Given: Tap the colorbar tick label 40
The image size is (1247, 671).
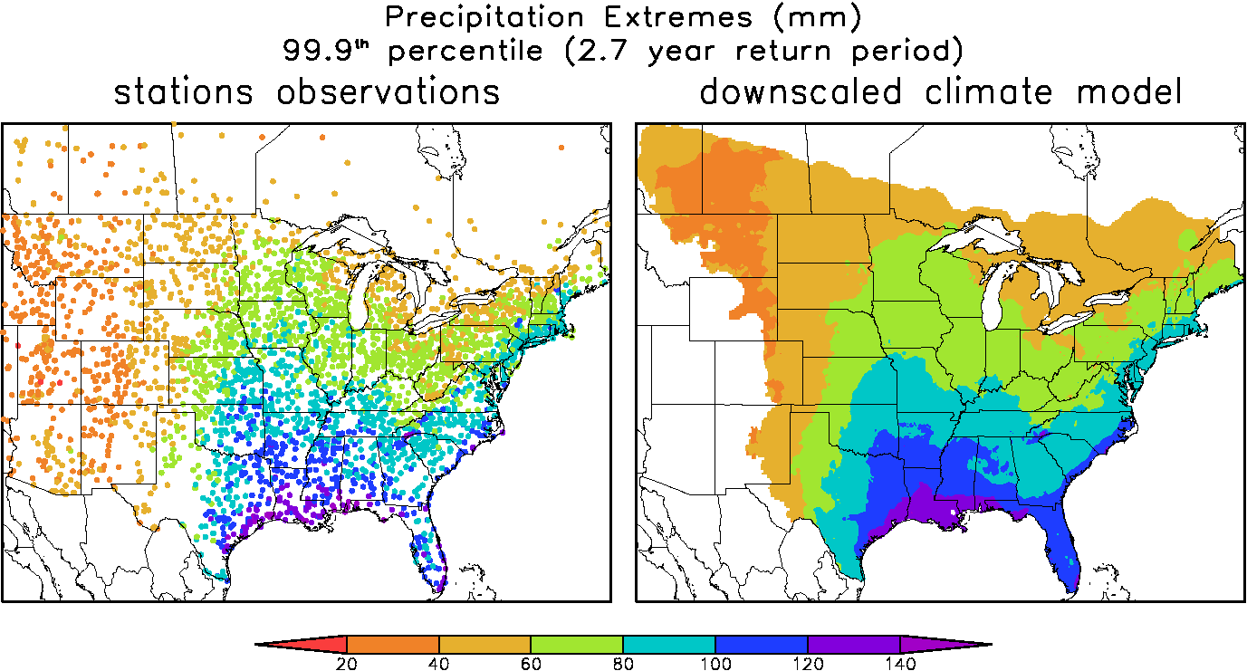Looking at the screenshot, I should point(439,663).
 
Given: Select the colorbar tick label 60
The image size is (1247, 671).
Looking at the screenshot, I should point(532,663).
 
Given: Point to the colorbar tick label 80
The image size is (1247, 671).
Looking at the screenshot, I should point(623,663).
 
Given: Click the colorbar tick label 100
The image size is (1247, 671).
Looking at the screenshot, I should point(715,663).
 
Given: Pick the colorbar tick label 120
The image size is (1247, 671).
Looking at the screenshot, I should point(808,663).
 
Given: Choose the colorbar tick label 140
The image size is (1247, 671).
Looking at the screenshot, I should point(899,663).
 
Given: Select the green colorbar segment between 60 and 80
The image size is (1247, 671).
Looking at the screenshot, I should point(577,644).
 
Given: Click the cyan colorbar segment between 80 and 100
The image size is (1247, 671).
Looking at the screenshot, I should point(669,644).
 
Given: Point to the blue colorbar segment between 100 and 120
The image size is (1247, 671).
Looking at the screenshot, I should point(762,644).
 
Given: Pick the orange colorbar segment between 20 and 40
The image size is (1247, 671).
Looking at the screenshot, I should point(393,644).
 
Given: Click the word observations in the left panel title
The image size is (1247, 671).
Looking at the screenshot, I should point(388,91).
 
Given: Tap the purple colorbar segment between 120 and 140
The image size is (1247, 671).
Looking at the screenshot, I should point(853,644).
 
